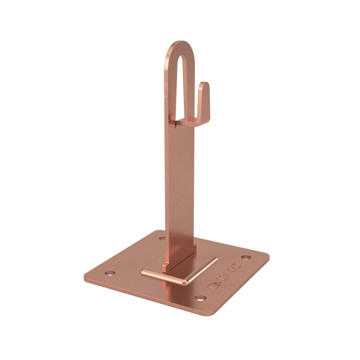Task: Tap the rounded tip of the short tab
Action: (204, 84)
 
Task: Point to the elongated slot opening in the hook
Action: (181, 85)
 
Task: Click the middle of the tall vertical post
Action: (180, 184)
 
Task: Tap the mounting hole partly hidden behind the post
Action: (162, 238)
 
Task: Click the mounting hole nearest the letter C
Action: (246, 257)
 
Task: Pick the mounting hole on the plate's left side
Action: (110, 273)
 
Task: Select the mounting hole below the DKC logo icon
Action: (201, 298)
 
